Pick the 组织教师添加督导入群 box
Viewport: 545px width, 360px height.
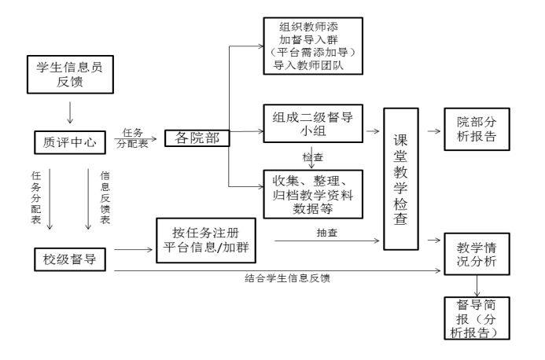313,46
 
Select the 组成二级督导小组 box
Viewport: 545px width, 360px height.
313,125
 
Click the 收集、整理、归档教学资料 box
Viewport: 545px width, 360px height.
313,193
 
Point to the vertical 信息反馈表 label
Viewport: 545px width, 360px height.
105,199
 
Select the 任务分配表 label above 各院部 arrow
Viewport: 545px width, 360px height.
131,138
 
